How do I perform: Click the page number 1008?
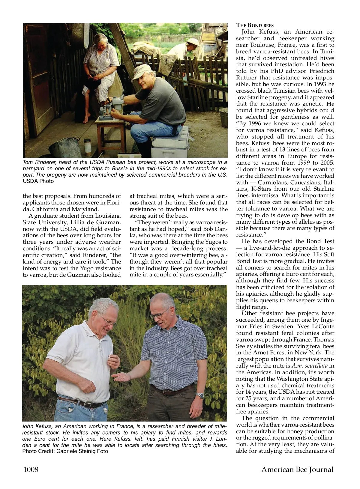[x=31, y=469]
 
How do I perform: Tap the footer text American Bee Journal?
[x=297, y=469]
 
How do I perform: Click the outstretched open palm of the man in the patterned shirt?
[x=123, y=377]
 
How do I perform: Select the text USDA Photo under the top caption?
[x=38, y=181]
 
